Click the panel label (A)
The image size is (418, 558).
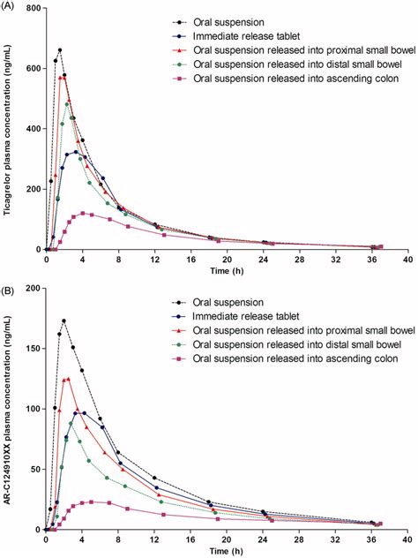pos(11,6)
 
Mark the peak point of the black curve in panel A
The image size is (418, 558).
pos(60,50)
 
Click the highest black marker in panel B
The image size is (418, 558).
pos(64,320)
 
